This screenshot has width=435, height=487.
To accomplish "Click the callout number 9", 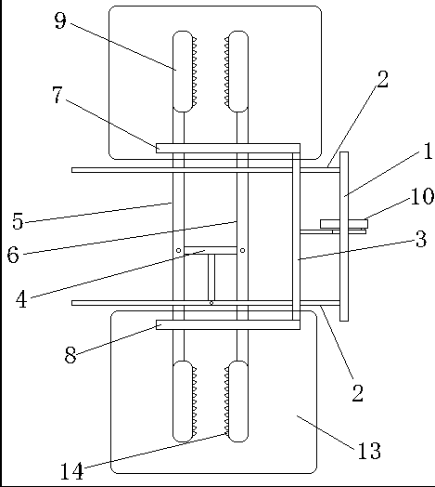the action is [60, 20].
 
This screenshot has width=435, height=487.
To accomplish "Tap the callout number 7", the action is [58, 95].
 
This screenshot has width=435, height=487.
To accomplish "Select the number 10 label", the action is [422, 196].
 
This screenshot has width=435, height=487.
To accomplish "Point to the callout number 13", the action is [369, 451].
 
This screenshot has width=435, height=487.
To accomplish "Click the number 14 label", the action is [71, 471].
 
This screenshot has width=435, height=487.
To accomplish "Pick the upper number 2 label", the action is [383, 80].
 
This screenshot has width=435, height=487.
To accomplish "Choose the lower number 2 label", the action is [357, 393].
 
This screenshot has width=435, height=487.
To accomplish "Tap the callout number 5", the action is [18, 221].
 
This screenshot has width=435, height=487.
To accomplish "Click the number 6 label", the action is [13, 255].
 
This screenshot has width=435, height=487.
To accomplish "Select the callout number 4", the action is [21, 299].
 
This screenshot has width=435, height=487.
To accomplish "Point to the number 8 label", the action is [70, 355].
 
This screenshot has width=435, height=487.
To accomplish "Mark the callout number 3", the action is [421, 239].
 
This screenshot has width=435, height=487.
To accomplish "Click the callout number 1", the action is [428, 151].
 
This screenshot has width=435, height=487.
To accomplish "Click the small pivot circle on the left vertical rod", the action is [179, 250].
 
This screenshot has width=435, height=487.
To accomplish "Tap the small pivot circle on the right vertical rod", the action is [242, 250].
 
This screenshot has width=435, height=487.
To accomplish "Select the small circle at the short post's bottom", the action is [211, 303].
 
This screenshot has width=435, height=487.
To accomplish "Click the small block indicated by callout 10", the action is [344, 224].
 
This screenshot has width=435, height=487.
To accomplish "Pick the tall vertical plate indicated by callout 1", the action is [344, 236].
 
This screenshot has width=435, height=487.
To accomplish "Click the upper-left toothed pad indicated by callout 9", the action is [185, 72].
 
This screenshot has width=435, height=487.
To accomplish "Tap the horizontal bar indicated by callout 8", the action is [228, 324].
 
